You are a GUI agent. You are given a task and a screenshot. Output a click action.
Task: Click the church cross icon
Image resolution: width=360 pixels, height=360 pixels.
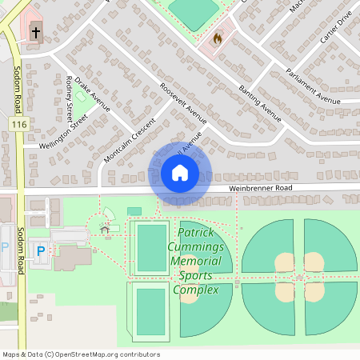(35, 33)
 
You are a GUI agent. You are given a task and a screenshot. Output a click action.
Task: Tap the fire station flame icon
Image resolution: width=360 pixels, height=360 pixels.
(217, 38)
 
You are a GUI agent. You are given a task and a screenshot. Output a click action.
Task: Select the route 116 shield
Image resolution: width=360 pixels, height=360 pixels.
(19, 124)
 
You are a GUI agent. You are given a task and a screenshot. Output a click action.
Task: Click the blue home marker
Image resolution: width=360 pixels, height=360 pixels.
(180, 173)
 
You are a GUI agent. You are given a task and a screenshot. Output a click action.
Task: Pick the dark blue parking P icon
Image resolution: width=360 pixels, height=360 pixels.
(41, 251)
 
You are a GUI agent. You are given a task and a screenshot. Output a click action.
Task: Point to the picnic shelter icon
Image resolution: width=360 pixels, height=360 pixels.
(105, 230)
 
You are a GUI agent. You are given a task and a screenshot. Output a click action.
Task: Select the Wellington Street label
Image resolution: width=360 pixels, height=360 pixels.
(55, 134)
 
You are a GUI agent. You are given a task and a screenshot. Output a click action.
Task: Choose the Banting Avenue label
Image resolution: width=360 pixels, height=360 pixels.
(259, 103)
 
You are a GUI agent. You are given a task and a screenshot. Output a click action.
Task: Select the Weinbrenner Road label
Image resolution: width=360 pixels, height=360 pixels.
(261, 187)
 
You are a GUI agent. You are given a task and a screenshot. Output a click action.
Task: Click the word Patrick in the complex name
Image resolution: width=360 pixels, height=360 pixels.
(197, 233)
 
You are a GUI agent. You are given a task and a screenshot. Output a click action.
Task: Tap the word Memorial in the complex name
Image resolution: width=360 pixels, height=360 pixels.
(196, 261)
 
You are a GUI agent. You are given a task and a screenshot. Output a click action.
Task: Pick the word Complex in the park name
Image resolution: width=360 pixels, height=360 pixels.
(197, 289)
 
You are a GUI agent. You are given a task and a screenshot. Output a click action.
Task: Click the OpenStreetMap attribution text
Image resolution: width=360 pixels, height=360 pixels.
(80, 354)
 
